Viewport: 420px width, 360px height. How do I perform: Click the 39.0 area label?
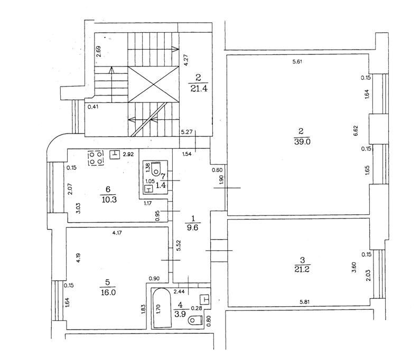(x=302, y=141)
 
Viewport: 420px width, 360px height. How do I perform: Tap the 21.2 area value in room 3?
(x=302, y=269)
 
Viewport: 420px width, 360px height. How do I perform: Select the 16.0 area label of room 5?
(x=108, y=292)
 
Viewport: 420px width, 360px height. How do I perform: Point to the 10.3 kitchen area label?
(x=109, y=200)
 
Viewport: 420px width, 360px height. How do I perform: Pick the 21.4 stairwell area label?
(x=199, y=88)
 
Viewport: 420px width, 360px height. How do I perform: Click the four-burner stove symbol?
(x=96, y=158)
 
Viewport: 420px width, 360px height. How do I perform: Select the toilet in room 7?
(x=156, y=168)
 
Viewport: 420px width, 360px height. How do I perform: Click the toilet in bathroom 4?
(x=195, y=320)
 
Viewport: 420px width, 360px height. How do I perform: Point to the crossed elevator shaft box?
(x=153, y=84)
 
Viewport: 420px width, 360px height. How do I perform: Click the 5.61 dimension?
(x=297, y=62)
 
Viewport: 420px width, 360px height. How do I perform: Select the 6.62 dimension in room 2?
(x=356, y=130)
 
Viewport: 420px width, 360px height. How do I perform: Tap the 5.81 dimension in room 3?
(x=304, y=302)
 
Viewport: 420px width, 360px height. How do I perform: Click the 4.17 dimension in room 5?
(x=117, y=233)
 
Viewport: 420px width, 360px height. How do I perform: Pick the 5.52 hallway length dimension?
(x=179, y=245)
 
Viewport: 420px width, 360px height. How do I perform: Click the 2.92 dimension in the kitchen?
(x=128, y=155)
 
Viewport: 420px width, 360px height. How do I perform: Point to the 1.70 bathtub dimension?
(x=158, y=310)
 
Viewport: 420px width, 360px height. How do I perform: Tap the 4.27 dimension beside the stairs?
(x=186, y=60)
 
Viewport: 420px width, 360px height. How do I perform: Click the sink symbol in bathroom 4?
(x=205, y=299)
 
